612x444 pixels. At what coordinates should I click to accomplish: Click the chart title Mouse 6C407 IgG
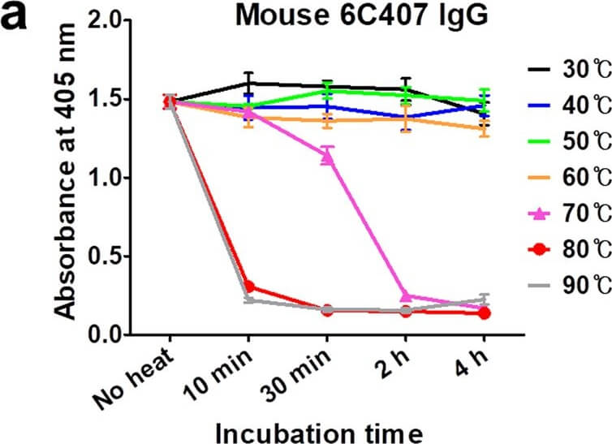point(362,15)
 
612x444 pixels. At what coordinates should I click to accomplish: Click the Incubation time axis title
point(319,433)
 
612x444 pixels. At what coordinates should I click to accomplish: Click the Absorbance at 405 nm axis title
point(63,171)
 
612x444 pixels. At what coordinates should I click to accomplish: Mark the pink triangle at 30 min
point(327,157)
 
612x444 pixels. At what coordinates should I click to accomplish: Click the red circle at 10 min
point(248,287)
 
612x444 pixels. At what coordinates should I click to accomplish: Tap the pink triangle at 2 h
point(406,296)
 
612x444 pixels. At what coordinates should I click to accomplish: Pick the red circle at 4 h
point(484,313)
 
